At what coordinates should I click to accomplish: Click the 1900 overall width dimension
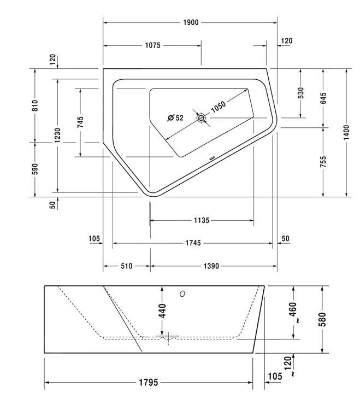(190, 22)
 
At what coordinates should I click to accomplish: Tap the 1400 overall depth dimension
(346, 132)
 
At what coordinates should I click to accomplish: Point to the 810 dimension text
(34, 105)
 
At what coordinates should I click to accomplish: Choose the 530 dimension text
(300, 93)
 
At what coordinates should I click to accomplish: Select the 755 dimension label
(323, 162)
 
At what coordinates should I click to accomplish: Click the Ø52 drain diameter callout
(175, 118)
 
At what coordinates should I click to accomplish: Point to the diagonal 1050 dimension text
(219, 106)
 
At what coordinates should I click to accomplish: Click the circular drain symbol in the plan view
(202, 118)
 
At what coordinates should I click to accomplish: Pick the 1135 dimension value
(201, 221)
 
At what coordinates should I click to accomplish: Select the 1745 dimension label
(193, 243)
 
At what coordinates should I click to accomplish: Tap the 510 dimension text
(126, 266)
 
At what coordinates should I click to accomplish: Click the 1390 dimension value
(211, 266)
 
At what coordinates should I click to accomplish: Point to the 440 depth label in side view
(162, 310)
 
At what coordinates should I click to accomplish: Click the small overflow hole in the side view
(182, 294)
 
